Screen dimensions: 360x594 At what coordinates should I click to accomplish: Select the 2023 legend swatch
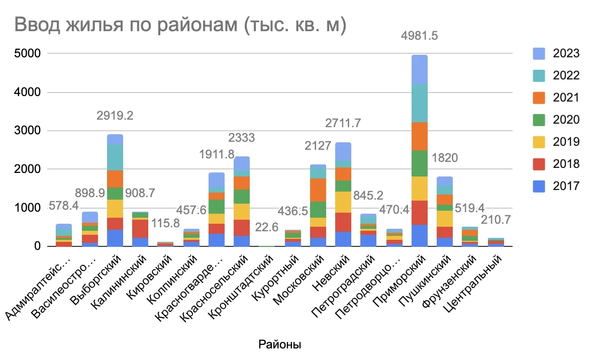[x=539, y=53]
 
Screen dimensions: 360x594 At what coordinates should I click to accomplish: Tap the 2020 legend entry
[x=539, y=120]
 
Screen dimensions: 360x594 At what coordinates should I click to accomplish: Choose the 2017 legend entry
[x=539, y=186]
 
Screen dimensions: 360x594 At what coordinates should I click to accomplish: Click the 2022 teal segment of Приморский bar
[x=419, y=103]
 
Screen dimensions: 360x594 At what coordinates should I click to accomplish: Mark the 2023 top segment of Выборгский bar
[x=115, y=139]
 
